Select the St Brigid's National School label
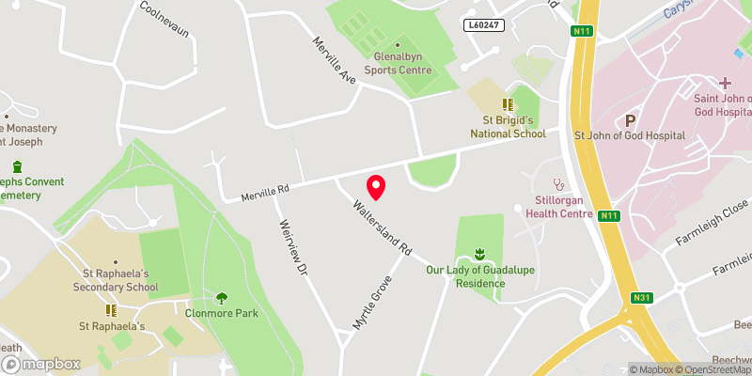(x=508, y=127)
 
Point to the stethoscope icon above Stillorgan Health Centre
(x=559, y=184)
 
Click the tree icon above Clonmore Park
(x=222, y=298)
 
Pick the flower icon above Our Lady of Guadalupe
(x=479, y=253)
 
